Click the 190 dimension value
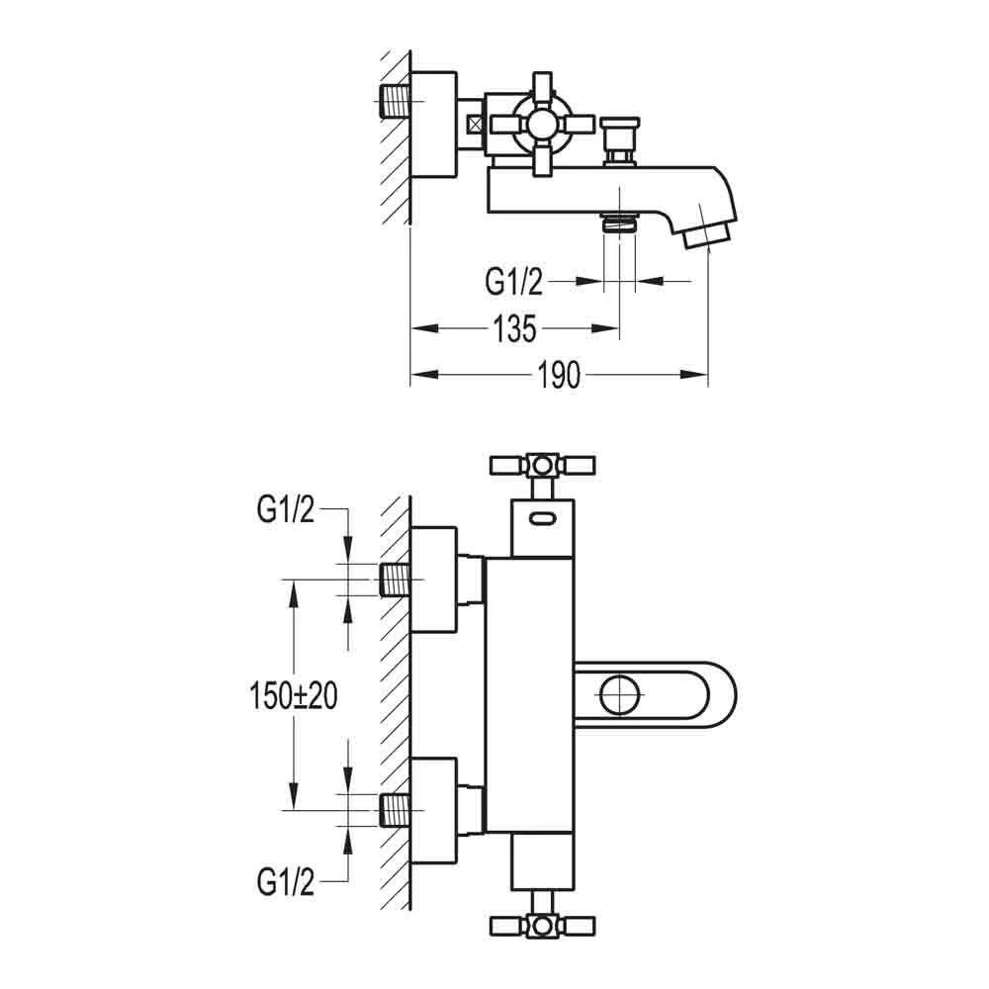click(559, 376)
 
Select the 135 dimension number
click(514, 328)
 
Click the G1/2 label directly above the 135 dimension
click(513, 283)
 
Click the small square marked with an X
click(477, 125)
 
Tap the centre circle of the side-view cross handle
click(541, 124)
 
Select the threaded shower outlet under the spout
click(619, 223)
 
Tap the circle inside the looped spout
click(621, 694)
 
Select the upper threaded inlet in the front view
click(397, 580)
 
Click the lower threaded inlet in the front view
click(397, 810)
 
